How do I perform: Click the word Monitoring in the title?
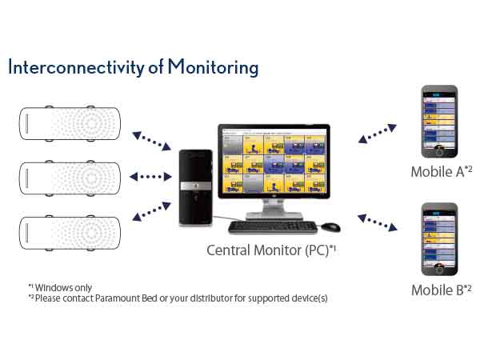[x=214, y=68]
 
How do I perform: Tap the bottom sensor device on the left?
[x=70, y=226]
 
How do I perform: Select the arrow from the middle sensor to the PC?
[x=150, y=176]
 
